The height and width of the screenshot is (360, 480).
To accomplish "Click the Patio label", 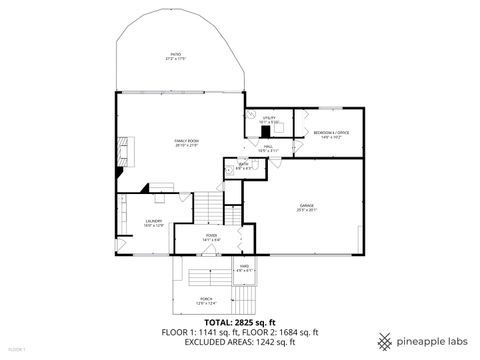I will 176,57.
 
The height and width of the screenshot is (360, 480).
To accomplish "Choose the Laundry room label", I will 153,223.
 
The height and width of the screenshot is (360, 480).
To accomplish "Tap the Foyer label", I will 211,238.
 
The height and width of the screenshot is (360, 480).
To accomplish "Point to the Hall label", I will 268,149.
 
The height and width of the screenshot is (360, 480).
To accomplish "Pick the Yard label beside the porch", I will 244,268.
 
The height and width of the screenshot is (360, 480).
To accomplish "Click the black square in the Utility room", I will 266,129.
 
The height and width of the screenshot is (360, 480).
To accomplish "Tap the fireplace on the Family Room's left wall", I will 122,152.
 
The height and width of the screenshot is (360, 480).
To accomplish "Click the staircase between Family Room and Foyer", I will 205,208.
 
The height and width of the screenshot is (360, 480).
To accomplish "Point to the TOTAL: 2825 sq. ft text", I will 240,323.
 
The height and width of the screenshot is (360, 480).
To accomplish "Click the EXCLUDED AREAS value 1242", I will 265,342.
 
